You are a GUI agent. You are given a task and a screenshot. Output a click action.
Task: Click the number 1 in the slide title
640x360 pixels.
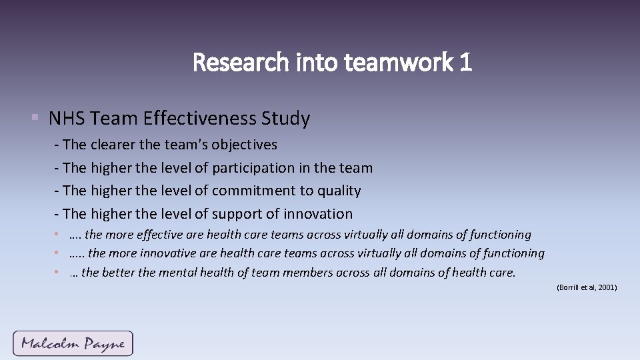click(465, 63)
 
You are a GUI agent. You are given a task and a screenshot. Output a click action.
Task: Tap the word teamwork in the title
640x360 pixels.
click(399, 63)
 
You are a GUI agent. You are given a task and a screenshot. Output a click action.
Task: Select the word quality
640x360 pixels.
click(339, 191)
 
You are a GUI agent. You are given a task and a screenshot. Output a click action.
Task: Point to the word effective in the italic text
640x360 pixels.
click(159, 235)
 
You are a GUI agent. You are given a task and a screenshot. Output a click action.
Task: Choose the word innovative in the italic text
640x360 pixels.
click(167, 253)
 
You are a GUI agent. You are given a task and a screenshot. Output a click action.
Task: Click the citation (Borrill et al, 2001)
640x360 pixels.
click(587, 287)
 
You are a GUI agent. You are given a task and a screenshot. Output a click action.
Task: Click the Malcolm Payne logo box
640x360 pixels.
click(73, 343)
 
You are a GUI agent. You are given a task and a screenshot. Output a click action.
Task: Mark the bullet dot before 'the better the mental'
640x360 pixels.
click(59, 272)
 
